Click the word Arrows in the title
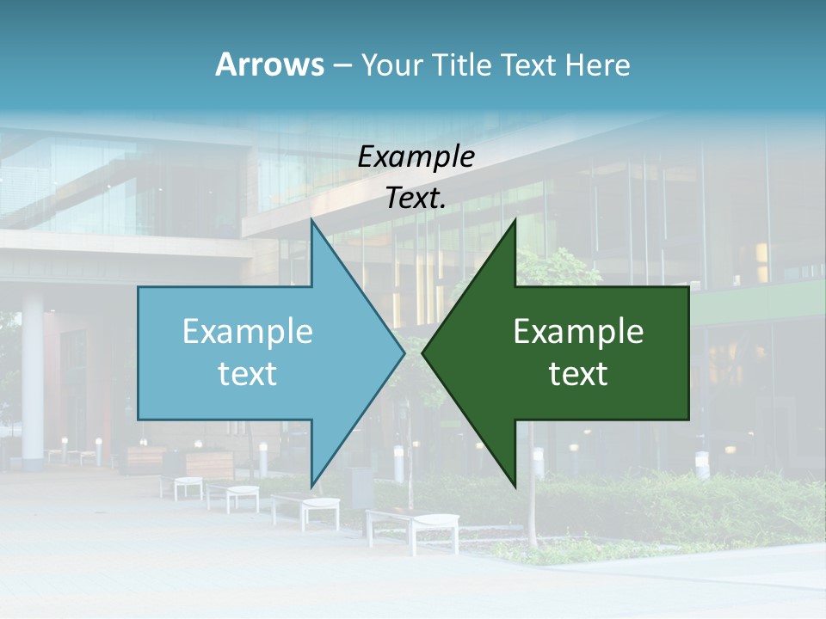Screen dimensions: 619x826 269,64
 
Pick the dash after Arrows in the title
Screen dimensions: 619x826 342,66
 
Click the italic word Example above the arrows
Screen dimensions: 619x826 416,156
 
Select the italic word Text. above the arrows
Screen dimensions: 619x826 416,199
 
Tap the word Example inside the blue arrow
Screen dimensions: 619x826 248,331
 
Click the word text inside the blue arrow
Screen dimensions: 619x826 248,374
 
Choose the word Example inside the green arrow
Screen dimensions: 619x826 578,331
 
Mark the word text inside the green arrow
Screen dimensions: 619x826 578,374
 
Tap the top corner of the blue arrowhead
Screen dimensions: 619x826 311,220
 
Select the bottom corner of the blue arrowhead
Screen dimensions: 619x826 311,486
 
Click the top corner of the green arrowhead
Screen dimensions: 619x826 515,220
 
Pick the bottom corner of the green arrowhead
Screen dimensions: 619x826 515,486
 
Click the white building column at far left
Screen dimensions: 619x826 33,378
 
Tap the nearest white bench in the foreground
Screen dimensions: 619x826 413,525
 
